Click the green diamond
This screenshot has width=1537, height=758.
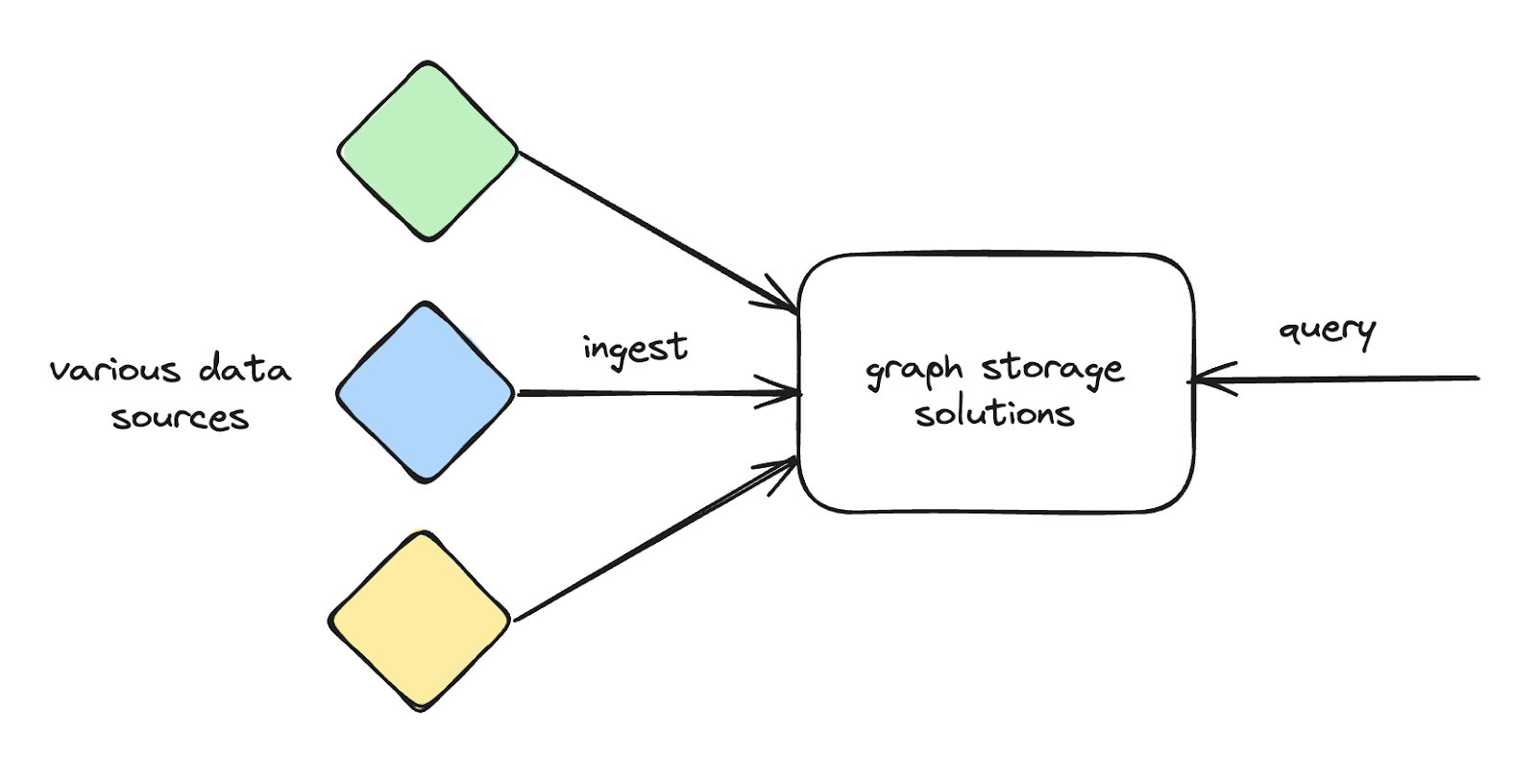click(x=427, y=152)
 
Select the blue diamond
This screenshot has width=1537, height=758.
click(x=426, y=393)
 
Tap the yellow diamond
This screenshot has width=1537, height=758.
click(x=420, y=621)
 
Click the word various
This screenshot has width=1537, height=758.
click(x=115, y=370)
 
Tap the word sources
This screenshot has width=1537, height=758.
click(x=180, y=418)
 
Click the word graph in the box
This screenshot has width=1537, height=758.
click(x=914, y=371)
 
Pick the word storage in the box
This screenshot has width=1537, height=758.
click(x=1052, y=369)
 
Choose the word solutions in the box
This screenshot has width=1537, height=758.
click(x=993, y=414)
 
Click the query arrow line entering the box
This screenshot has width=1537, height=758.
click(x=1345, y=379)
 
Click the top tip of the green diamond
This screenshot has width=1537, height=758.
click(x=427, y=63)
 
